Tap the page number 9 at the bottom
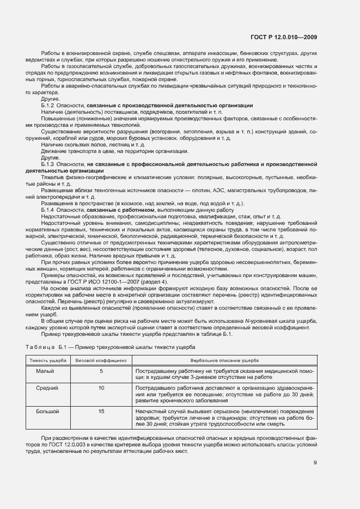tap(315, 463)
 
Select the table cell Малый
tap(45, 371)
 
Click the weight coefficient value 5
tap(101, 371)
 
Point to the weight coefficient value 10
tap(101, 388)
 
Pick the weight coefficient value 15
tap(101, 412)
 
